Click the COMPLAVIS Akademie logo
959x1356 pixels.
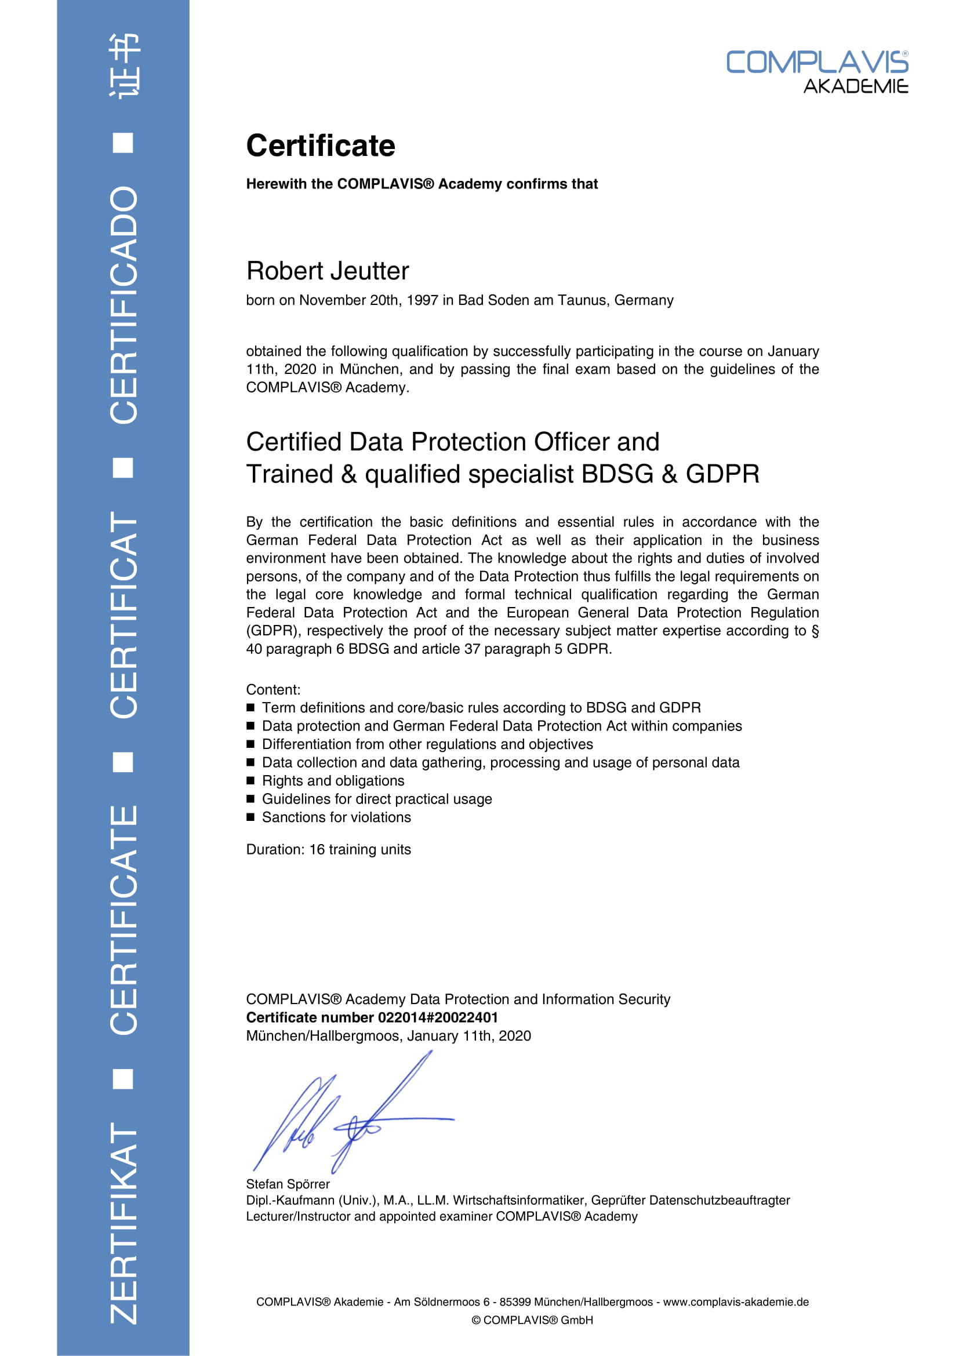(817, 71)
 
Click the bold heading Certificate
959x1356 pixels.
(321, 146)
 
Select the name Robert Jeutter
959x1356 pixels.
(327, 271)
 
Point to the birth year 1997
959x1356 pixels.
(422, 301)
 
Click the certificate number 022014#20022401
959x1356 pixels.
(438, 1017)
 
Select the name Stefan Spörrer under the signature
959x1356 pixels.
(288, 1184)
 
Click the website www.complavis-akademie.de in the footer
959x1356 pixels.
(735, 1302)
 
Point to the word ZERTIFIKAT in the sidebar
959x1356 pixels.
(124, 1223)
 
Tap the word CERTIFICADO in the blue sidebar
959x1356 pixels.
(124, 305)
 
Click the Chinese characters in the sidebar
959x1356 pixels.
(124, 66)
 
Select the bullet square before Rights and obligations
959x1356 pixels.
(250, 781)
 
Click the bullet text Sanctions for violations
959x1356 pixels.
(336, 817)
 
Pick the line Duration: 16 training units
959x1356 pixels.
(328, 849)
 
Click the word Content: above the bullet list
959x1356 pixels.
(273, 690)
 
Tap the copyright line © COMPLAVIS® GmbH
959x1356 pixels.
(532, 1320)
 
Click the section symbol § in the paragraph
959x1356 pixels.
(815, 631)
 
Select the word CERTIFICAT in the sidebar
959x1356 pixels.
(124, 615)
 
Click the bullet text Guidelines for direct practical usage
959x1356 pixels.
(377, 799)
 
